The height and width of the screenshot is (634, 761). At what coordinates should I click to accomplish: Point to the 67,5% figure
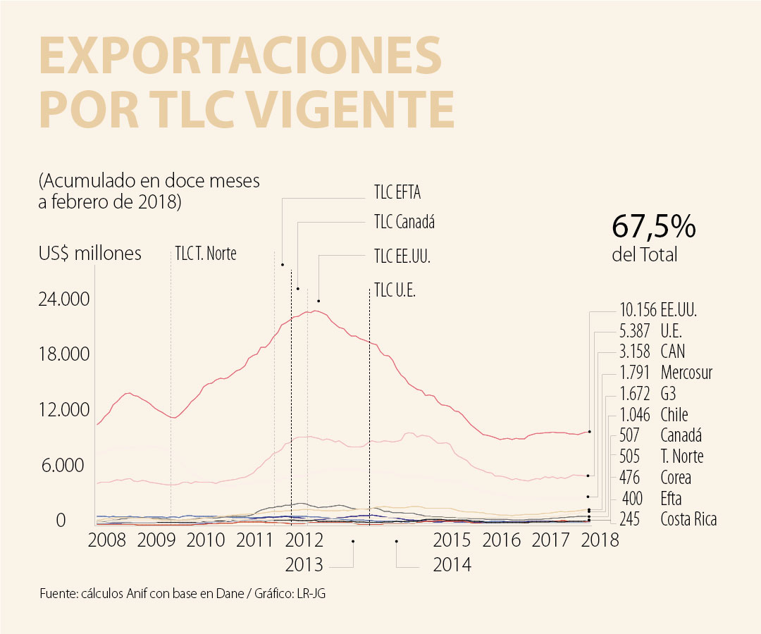point(654,228)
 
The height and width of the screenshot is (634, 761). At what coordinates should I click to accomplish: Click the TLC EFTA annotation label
point(397,192)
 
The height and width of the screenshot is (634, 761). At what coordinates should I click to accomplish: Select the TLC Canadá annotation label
point(404,223)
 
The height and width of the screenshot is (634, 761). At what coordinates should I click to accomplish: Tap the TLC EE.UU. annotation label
point(402,256)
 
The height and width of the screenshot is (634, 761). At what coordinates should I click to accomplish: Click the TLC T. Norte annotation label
point(206,254)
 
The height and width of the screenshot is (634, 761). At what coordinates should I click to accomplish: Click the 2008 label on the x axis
point(107,540)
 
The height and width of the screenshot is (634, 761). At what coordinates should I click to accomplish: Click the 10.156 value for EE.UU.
point(638,309)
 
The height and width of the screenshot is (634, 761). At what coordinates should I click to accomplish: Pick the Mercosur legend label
point(686,373)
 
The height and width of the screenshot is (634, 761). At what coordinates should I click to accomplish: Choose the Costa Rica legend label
point(688,520)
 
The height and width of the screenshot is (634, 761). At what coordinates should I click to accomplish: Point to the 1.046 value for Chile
point(635,414)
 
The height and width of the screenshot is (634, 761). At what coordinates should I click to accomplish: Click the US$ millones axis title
point(90,254)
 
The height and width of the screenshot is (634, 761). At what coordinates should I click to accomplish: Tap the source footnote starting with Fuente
point(183,594)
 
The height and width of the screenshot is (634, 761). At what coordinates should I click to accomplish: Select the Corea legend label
point(676,478)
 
